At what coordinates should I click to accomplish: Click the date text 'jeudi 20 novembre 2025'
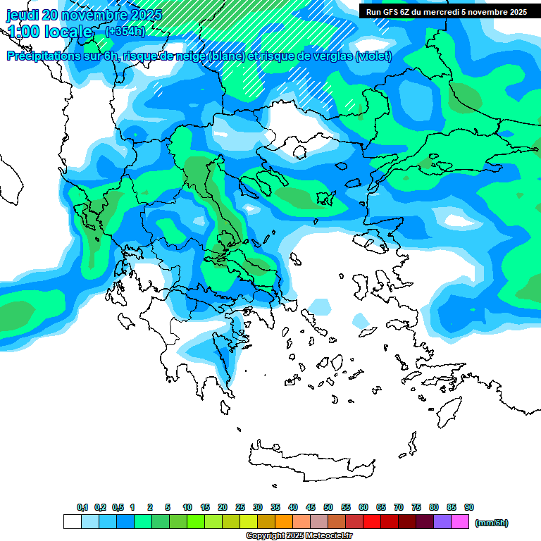[x=84, y=15]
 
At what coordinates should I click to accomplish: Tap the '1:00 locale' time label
[x=50, y=32]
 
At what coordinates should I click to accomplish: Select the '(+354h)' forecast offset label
[x=125, y=31]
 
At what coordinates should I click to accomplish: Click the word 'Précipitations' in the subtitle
[x=50, y=56]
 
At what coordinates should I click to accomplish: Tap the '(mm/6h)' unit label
[x=492, y=523]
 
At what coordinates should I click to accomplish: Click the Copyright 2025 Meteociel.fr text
[x=299, y=536]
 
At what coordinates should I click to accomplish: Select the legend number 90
[x=469, y=507]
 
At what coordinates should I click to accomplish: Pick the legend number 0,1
[x=82, y=507]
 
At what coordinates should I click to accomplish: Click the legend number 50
[x=328, y=507]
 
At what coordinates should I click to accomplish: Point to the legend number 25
[x=240, y=507]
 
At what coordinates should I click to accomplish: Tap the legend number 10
[x=187, y=507]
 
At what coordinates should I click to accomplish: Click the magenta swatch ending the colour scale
[x=460, y=522]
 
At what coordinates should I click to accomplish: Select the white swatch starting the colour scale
[x=73, y=522]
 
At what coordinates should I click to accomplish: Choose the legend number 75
[x=416, y=507]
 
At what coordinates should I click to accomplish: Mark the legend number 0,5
[x=118, y=507]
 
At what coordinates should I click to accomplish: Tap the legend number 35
[x=275, y=507]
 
